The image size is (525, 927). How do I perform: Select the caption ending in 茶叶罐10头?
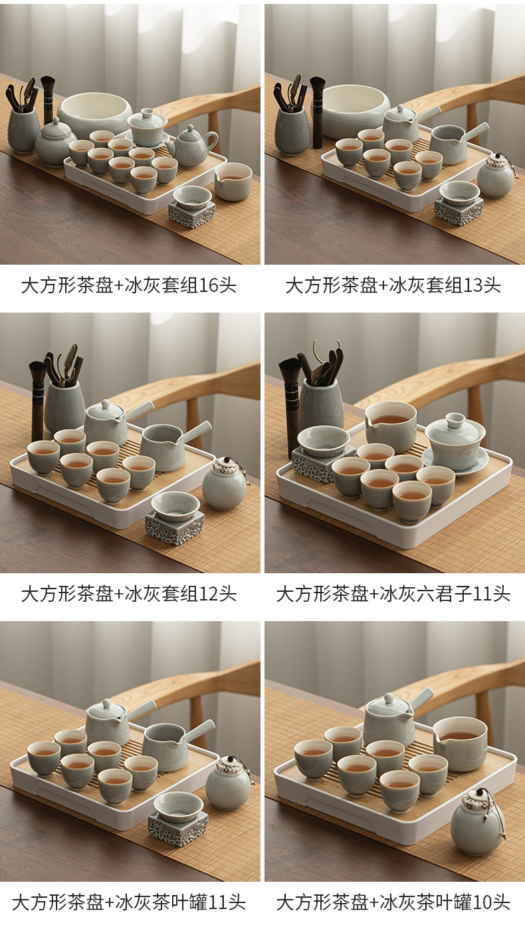pos(393,902)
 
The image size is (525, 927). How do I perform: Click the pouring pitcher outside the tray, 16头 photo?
pos(233,181)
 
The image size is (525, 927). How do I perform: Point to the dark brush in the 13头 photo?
pos(317,112)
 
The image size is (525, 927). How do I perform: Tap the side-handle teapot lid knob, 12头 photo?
pos(106,404)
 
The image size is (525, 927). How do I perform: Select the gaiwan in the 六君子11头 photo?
pos(455,444)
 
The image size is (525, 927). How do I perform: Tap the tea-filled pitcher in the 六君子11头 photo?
pos(391,426)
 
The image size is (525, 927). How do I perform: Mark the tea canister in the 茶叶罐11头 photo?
pos(228,783)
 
